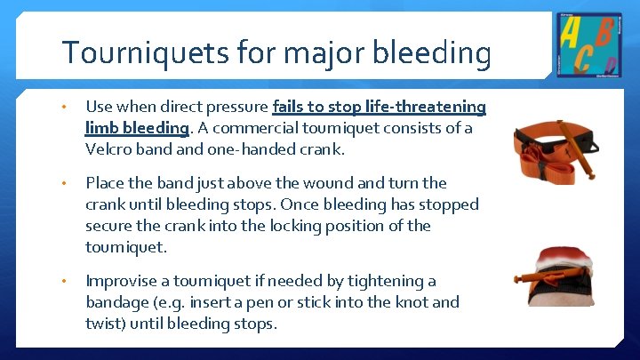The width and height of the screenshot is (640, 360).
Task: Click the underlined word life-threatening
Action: tap(426, 107)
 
